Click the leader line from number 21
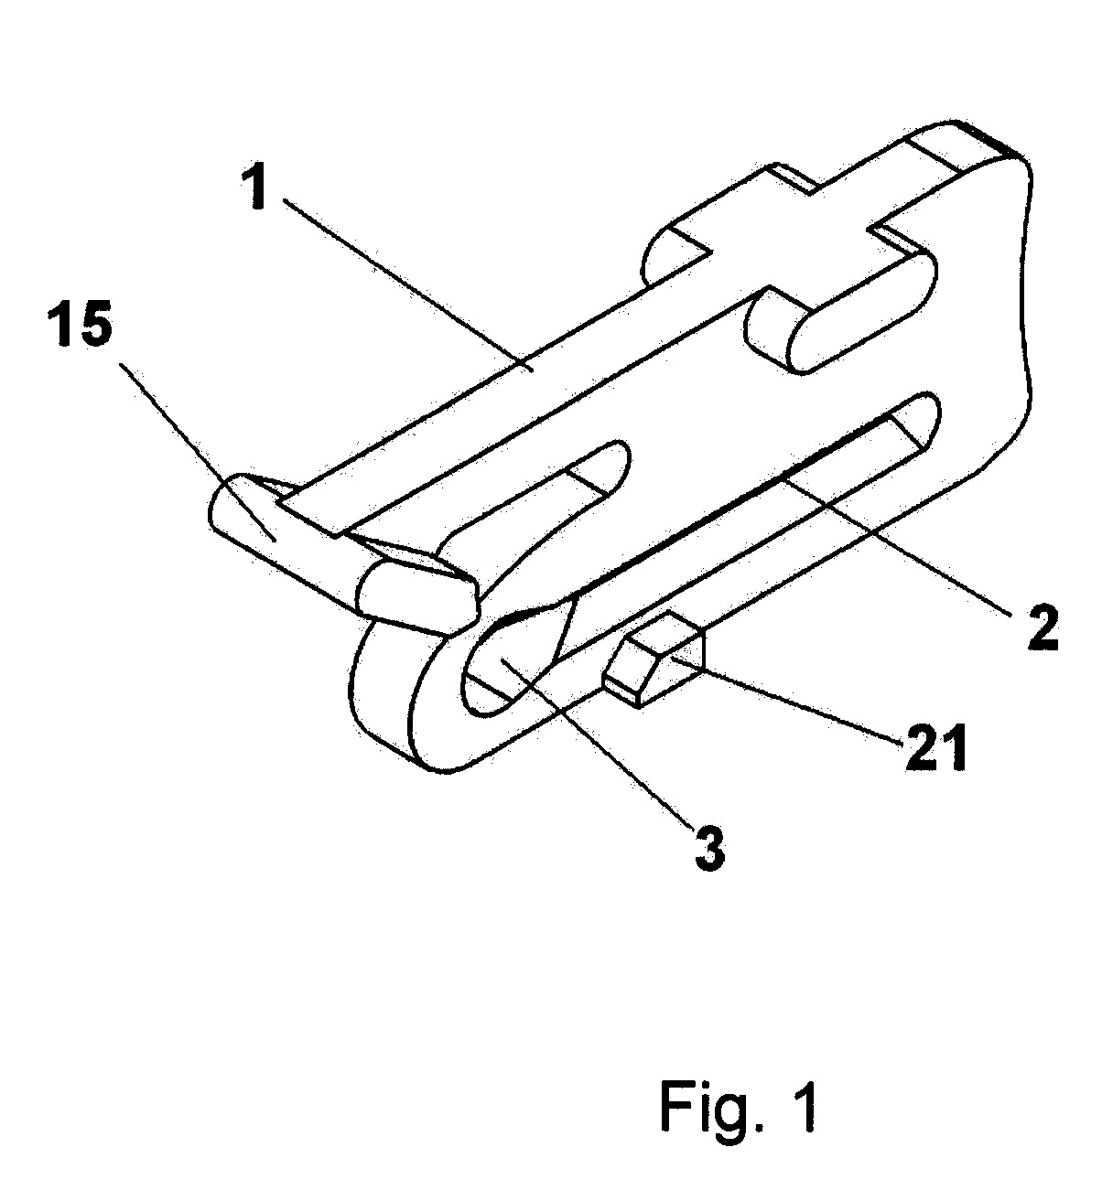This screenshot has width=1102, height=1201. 787,699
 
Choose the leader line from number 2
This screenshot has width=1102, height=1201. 899,545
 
